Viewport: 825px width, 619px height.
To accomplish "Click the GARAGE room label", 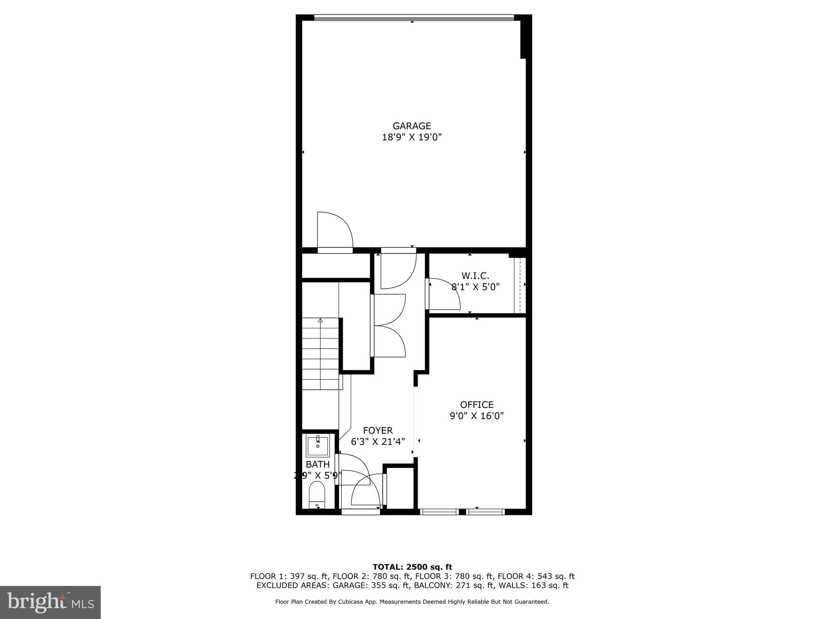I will click(x=412, y=126).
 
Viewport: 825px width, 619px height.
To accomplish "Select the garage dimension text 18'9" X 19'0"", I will click(x=412, y=137).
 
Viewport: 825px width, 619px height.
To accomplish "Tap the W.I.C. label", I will click(x=475, y=276).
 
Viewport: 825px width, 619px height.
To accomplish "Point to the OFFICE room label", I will click(x=477, y=405).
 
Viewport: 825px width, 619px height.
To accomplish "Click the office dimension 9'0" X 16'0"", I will click(x=477, y=416).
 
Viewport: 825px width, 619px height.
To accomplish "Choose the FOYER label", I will click(x=377, y=430).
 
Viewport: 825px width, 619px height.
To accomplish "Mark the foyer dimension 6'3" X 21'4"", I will click(x=377, y=442).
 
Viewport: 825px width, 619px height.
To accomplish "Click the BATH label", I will click(x=317, y=464).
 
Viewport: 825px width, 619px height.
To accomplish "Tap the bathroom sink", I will click(x=318, y=445).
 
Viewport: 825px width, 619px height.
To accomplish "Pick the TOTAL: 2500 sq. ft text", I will click(x=412, y=567).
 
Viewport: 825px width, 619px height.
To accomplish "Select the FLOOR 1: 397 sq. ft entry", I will click(x=289, y=577).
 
